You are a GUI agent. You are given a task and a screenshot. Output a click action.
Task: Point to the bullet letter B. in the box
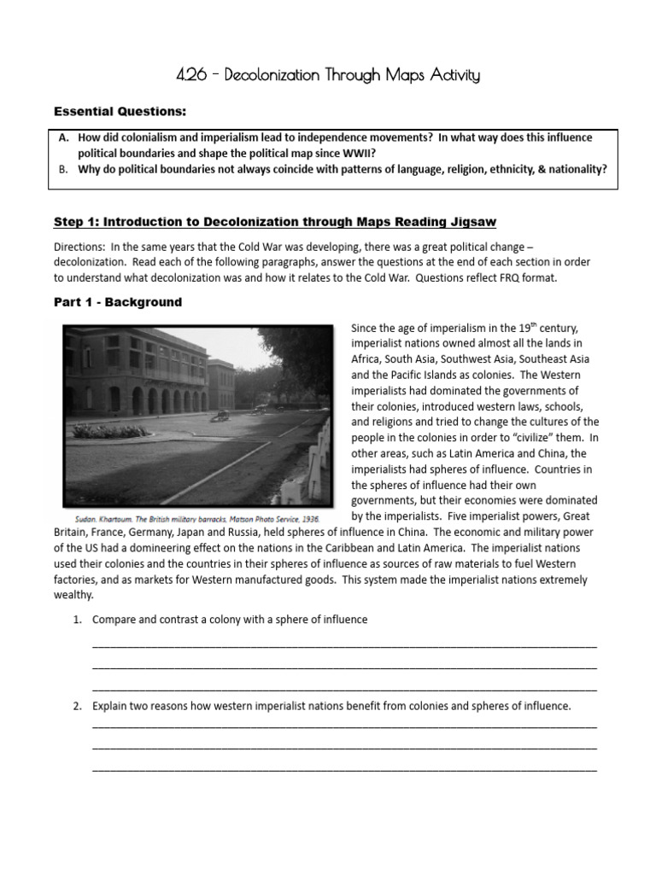click(x=64, y=169)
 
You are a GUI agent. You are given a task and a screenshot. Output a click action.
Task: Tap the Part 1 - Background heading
click(x=118, y=302)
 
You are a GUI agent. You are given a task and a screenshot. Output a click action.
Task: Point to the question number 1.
click(x=77, y=620)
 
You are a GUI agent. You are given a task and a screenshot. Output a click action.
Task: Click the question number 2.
click(x=77, y=706)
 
